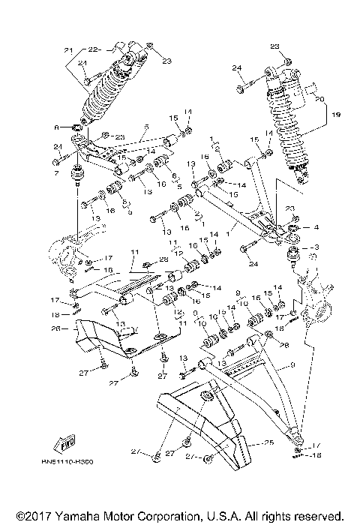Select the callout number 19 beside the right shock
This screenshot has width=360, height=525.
click(335, 115)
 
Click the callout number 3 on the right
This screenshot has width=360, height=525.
click(316, 247)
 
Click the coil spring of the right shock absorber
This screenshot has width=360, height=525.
click(289, 127)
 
